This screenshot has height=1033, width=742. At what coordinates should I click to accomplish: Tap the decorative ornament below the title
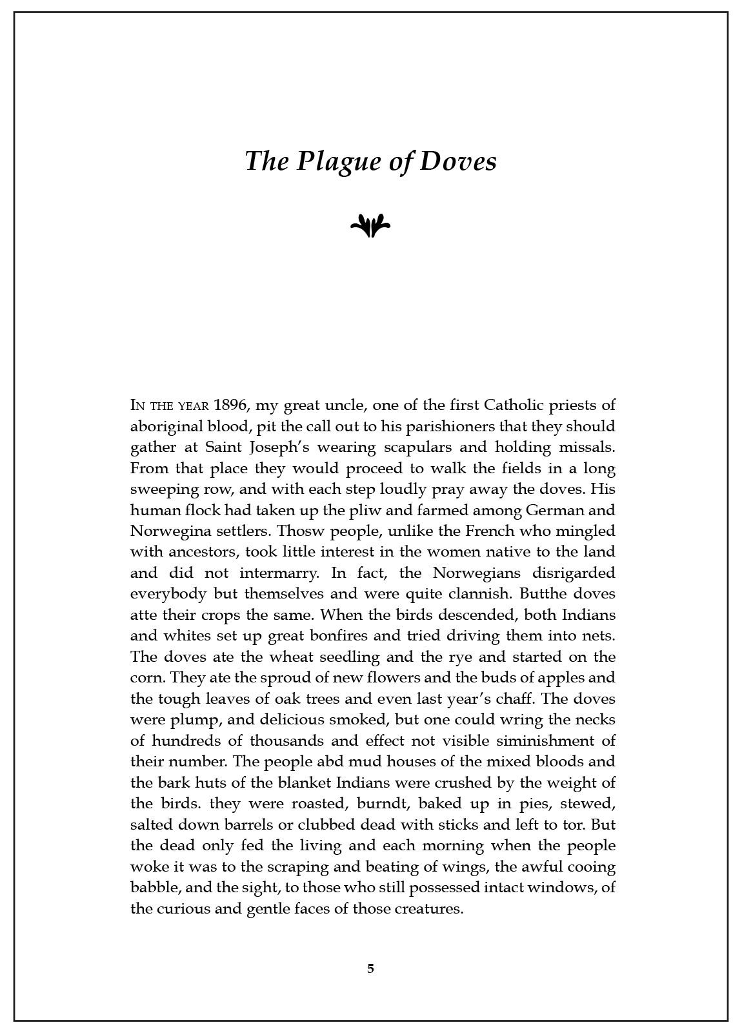click(370, 225)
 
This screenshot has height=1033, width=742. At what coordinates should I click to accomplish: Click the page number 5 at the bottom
click(370, 968)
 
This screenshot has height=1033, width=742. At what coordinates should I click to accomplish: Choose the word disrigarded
click(574, 573)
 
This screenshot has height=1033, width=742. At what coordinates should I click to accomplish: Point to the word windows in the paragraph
click(561, 887)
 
